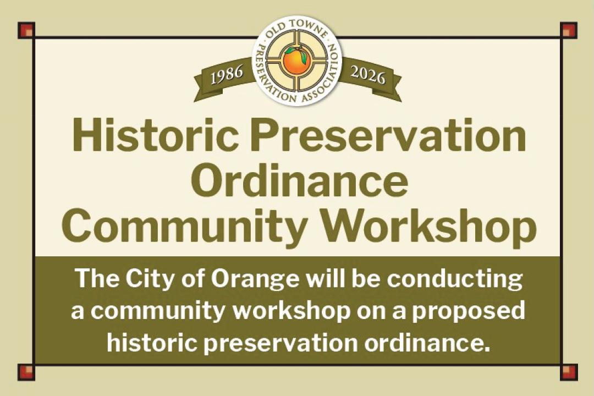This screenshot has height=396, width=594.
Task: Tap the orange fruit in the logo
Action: (x=296, y=61)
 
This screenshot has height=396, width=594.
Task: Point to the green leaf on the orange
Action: (x=289, y=51)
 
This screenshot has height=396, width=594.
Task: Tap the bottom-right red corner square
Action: (x=568, y=372)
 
